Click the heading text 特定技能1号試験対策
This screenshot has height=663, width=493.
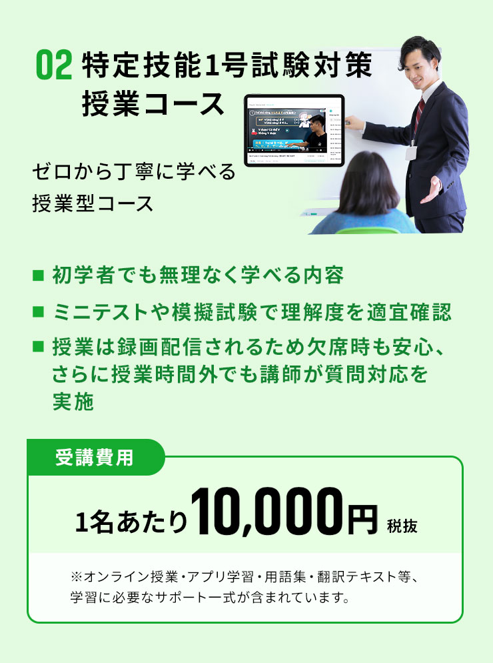tap(226, 67)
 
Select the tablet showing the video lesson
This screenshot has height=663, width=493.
tap(294, 131)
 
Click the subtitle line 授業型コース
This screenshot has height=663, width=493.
tap(93, 203)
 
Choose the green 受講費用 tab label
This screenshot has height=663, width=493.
tap(94, 458)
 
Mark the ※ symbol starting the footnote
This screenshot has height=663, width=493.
tap(75, 576)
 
